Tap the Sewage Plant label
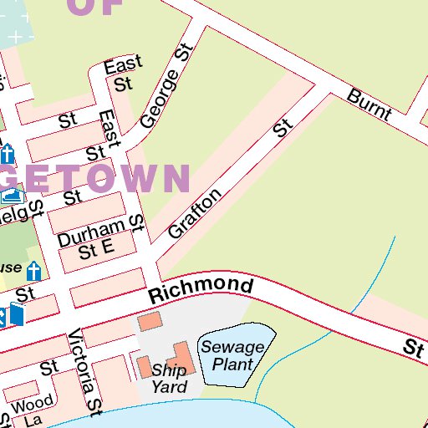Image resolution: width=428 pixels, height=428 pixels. [x=232, y=355]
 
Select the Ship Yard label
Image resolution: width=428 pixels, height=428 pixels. [x=169, y=379]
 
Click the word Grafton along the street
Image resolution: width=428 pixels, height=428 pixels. [x=195, y=213]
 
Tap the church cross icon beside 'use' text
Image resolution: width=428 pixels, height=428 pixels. [x=33, y=271]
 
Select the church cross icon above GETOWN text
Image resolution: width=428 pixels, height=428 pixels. [x=8, y=155]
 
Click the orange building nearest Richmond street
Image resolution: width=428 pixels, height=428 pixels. [x=150, y=321]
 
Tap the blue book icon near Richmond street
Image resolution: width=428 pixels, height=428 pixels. [x=16, y=314]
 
